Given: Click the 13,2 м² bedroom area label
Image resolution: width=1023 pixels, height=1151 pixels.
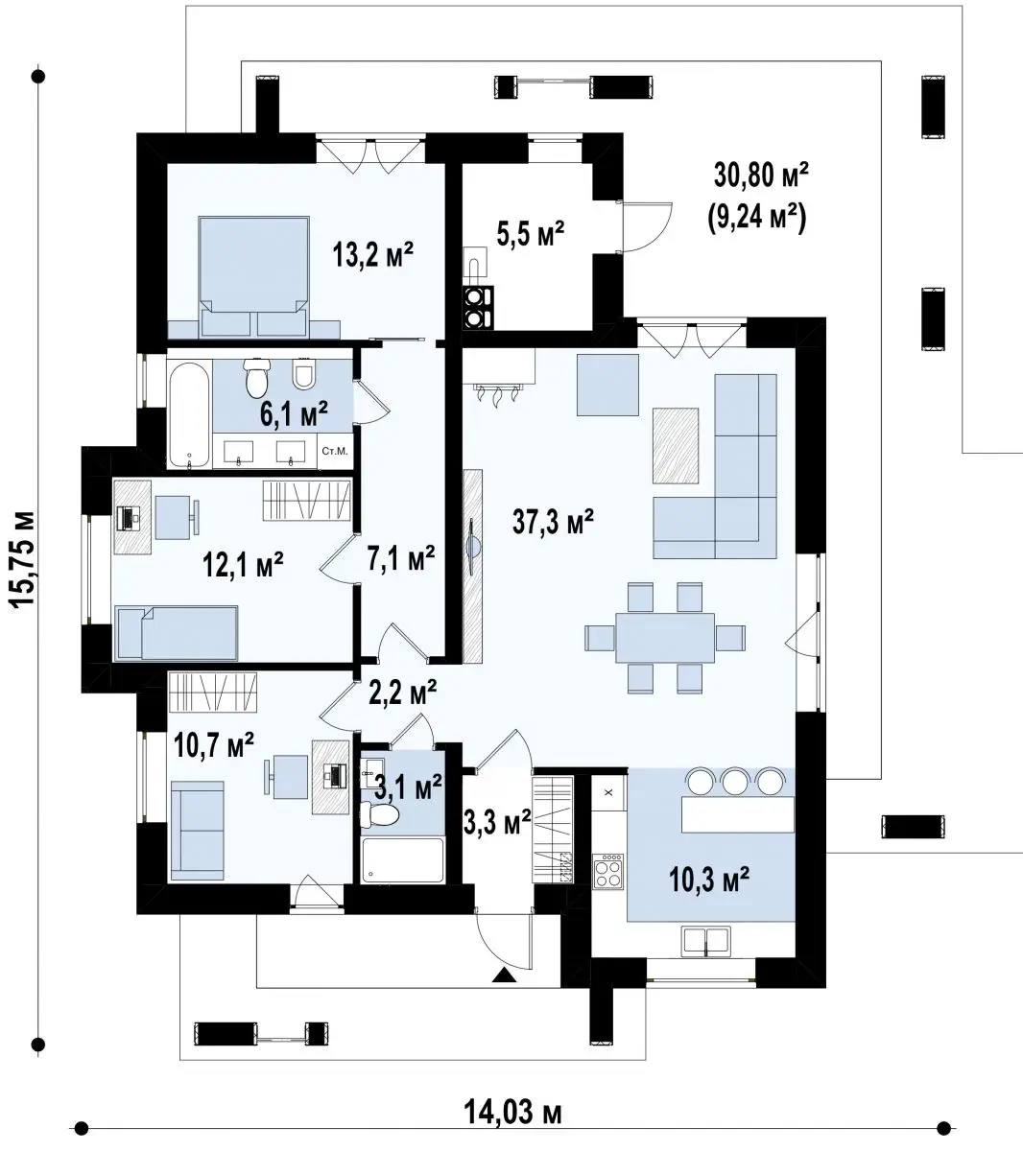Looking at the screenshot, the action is point(372,254).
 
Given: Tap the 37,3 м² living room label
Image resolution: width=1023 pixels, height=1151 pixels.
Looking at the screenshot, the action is point(553,521).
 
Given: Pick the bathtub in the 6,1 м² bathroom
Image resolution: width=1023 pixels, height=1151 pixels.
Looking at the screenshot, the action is point(190,416).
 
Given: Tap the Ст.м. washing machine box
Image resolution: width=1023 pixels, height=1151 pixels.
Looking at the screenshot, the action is point(335,452).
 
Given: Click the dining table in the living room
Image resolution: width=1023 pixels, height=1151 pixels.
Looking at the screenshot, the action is point(665,638).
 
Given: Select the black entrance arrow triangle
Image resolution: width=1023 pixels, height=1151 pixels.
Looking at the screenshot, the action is point(504,975).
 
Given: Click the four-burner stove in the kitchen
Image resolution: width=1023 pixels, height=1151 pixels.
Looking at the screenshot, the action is point(608,871).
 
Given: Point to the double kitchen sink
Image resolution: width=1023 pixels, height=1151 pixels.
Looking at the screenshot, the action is point(706,941).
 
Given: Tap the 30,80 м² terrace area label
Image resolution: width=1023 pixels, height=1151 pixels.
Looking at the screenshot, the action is point(761,175).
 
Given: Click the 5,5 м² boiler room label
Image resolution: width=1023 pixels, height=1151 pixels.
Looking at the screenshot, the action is point(531,233).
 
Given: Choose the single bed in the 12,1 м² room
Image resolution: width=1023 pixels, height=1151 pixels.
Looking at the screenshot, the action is point(177,633).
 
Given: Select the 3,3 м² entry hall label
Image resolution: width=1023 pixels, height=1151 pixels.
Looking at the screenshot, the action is point(498,822).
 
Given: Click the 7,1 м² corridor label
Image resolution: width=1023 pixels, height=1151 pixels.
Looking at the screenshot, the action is point(401,559).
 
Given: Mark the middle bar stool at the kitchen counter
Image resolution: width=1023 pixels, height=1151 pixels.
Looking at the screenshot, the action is point(734,783).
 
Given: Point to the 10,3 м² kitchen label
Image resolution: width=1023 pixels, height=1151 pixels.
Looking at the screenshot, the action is point(709,880).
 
